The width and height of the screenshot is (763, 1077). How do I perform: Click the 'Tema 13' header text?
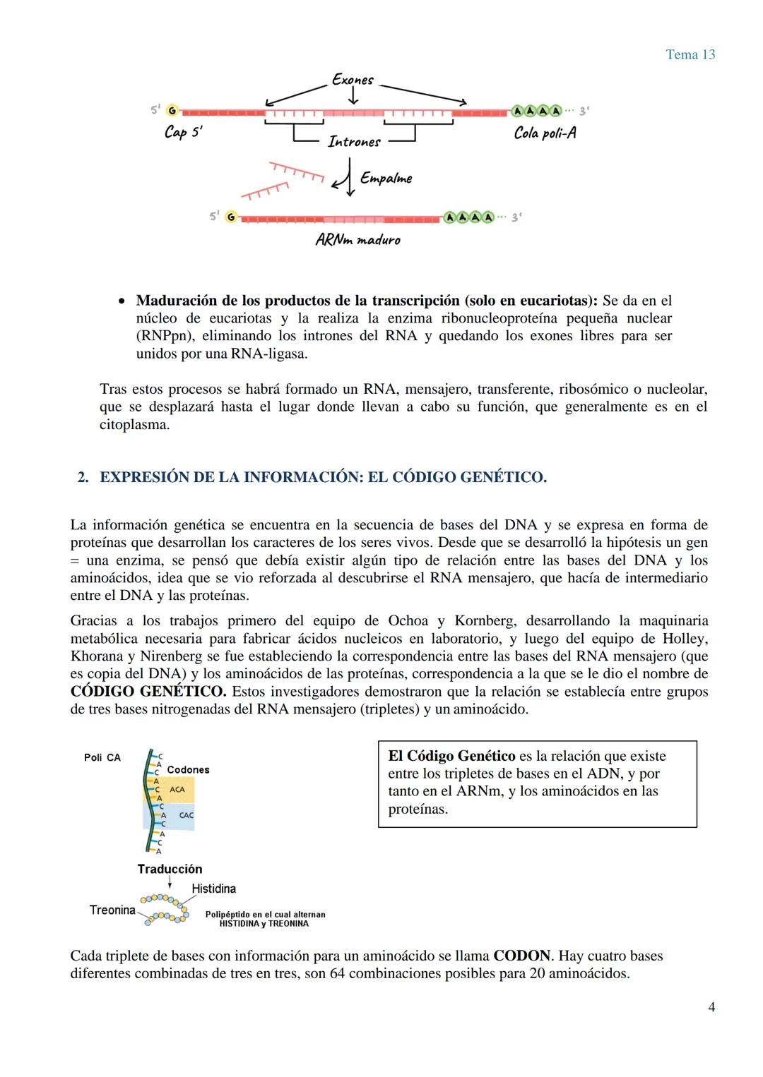690,54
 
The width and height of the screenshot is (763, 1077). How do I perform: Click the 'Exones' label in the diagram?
353,80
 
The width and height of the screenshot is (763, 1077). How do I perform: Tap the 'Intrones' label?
354,142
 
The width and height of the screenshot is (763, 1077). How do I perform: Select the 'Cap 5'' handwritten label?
183,132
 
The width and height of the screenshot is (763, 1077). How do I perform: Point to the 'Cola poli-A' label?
545,133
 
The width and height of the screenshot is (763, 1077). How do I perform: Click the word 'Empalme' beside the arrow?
386,178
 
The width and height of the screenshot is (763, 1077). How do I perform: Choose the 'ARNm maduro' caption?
357,240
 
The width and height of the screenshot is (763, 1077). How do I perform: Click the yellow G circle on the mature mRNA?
230,217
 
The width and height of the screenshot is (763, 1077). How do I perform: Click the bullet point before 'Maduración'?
122,301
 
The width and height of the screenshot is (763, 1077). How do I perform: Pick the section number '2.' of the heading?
83,478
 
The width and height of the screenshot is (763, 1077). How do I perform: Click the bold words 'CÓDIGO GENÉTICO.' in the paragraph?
148,692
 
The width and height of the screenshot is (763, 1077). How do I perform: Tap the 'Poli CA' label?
102,757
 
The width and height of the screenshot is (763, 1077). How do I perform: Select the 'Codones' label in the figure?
188,769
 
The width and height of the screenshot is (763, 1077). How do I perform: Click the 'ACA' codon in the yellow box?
177,789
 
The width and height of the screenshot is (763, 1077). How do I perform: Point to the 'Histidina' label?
213,889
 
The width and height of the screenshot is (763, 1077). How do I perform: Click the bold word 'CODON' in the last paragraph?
521,956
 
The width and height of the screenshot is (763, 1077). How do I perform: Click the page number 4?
711,1007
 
